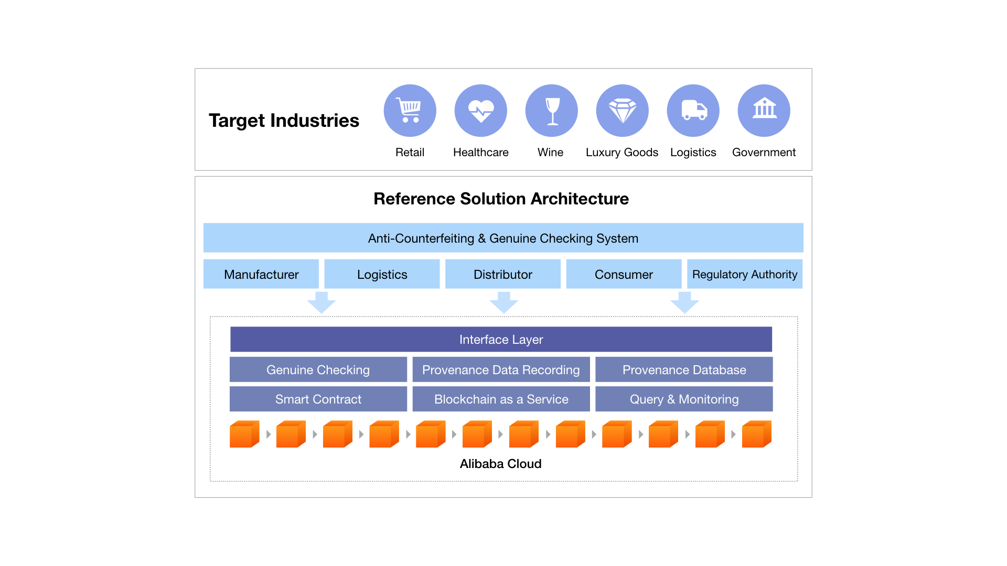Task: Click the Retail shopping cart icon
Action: [x=410, y=111]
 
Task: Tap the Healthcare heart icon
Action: [x=480, y=111]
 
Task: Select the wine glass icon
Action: [x=551, y=111]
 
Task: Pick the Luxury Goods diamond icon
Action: [x=622, y=111]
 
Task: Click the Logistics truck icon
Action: [x=693, y=111]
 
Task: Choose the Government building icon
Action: [x=764, y=111]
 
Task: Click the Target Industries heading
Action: [x=284, y=121]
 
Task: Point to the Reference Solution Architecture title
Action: [x=501, y=199]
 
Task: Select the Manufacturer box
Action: [x=261, y=274]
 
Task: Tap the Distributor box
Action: [x=503, y=274]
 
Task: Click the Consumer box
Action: [x=624, y=274]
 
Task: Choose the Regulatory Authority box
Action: [x=745, y=274]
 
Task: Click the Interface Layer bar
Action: [x=501, y=340]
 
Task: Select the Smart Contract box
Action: [x=318, y=399]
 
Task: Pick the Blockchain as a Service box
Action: [x=501, y=399]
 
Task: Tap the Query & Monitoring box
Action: [x=684, y=399]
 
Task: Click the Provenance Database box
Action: [x=684, y=369]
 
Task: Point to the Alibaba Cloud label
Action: [x=500, y=464]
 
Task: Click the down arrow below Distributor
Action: [x=504, y=303]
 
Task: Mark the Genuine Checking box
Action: [x=318, y=369]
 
